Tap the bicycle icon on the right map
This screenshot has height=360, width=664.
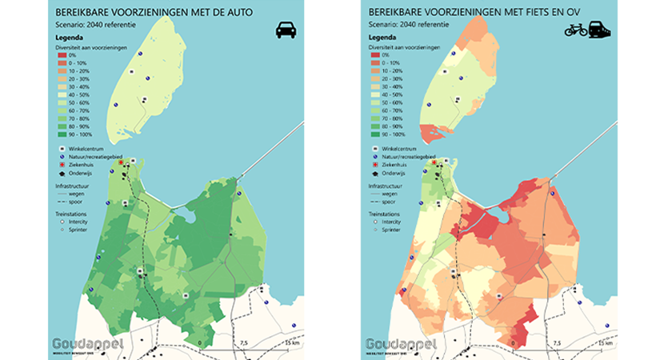click(576, 30)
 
